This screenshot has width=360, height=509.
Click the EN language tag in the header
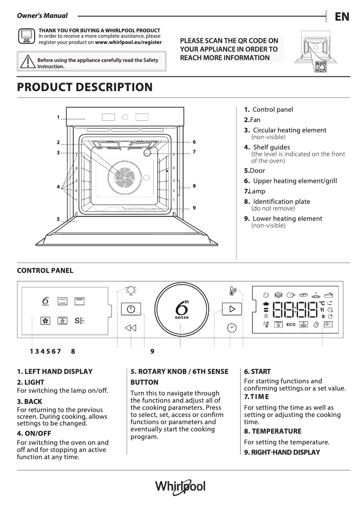pos(342,17)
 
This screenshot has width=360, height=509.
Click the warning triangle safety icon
pos(27,61)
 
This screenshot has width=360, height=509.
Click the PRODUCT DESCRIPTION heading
pos(84,87)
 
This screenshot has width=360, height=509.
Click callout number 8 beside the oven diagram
pos(194,185)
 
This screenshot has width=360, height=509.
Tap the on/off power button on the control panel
pos(131,310)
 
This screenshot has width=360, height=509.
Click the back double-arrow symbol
pos(131,328)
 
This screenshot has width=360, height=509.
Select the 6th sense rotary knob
pos(180,310)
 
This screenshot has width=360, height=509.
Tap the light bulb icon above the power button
pos(131,291)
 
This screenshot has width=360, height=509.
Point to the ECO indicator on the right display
pos(290,324)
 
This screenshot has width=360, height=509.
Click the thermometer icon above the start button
pos(232,291)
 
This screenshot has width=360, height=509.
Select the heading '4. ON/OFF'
pos(34,433)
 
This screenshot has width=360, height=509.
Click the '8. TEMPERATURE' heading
pos(272,431)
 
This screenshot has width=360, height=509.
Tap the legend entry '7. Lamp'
pos(255,191)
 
